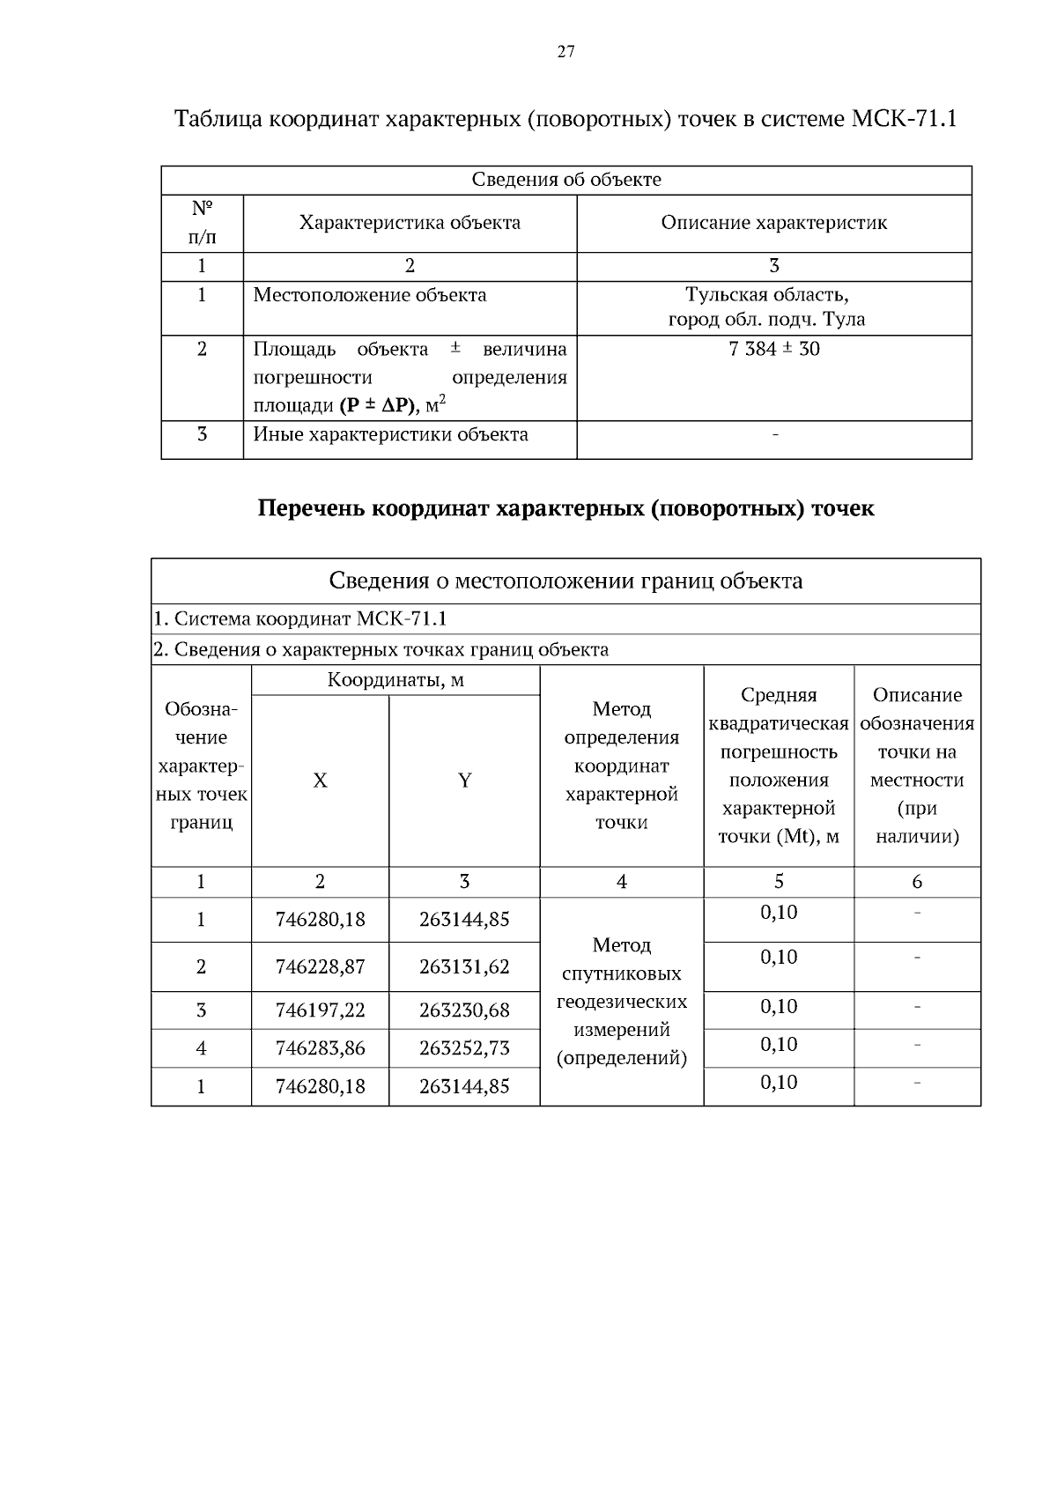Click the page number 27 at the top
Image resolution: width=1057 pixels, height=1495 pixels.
[x=565, y=52]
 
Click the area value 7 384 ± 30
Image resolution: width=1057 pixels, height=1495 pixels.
[x=774, y=349]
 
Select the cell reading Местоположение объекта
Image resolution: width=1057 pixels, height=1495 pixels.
[x=370, y=295]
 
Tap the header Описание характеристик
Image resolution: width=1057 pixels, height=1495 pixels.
[x=774, y=223]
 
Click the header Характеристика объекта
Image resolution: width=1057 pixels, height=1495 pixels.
[x=410, y=223]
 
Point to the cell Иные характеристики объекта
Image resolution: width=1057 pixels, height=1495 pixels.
[x=391, y=434]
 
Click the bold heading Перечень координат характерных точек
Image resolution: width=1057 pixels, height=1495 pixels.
[x=565, y=509]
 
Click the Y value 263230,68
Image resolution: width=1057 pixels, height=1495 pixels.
[x=464, y=1010]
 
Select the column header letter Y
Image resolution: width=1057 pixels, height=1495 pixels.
[x=464, y=781]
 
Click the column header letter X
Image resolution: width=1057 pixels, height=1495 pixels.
[x=320, y=781]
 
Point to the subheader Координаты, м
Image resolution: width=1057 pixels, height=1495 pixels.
[x=395, y=680]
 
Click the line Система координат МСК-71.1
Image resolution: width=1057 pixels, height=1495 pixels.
[x=300, y=619]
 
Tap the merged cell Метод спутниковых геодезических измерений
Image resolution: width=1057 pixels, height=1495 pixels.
[x=622, y=1002]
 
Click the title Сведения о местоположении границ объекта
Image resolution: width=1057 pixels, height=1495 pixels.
[x=565, y=581]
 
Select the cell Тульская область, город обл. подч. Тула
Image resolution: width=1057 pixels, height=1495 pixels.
[x=766, y=307]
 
